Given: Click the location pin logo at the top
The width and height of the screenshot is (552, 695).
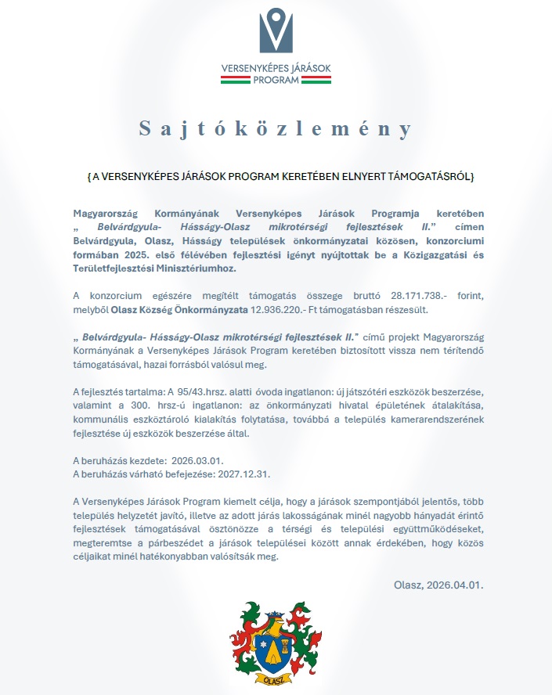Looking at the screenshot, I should pos(276,31).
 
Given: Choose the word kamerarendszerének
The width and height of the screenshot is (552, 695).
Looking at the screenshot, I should pos(435,418).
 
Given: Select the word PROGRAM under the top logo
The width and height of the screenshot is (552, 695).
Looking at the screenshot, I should pos(276,80).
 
